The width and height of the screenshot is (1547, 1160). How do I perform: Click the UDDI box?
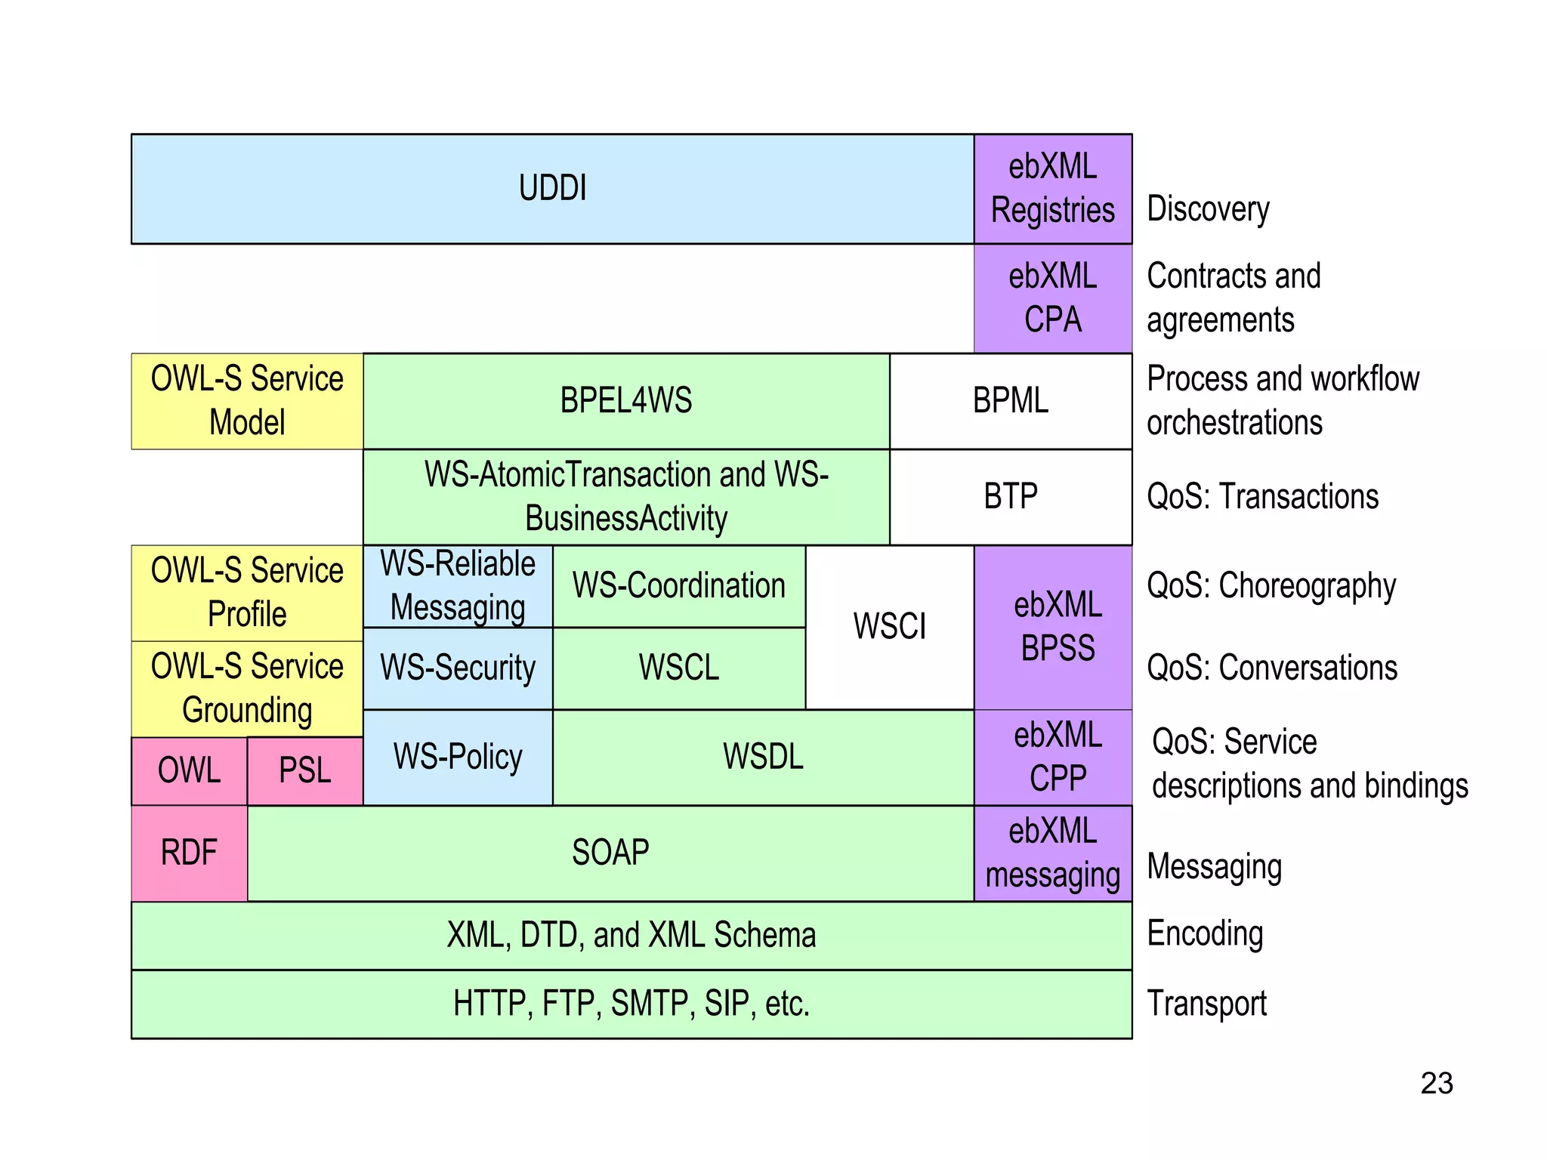(552, 189)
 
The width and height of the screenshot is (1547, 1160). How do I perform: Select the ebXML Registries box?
(1052, 189)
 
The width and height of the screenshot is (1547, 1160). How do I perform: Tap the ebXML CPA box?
(1052, 298)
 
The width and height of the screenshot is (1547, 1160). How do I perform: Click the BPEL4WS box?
(625, 401)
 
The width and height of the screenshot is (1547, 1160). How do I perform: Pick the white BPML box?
(1010, 401)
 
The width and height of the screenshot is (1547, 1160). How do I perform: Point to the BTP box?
(1010, 497)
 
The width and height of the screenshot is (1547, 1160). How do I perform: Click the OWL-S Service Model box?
(247, 401)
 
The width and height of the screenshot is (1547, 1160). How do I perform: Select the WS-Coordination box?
(678, 586)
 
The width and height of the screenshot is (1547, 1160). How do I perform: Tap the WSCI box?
(889, 627)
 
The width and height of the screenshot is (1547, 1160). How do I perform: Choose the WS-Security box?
(458, 668)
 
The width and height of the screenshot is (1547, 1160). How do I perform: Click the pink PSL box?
(304, 771)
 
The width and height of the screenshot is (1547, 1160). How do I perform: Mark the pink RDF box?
(189, 853)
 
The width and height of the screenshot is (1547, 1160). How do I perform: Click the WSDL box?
(763, 757)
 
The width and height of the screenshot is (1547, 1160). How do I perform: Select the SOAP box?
(610, 853)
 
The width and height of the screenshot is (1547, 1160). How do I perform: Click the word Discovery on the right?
(1208, 209)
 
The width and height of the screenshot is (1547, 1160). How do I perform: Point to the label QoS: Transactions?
(1262, 497)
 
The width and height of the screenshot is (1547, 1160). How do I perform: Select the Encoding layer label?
(1204, 934)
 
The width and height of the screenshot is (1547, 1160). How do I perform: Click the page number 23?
(1436, 1084)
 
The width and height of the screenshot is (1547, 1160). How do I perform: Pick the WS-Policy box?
(458, 757)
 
